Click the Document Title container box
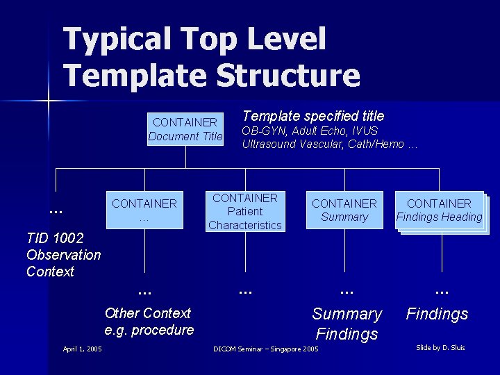point(185,129)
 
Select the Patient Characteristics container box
point(245,211)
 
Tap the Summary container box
point(344,210)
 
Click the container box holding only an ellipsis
point(144,210)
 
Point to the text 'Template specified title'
point(312,116)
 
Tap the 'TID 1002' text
point(54,238)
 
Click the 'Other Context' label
point(147,313)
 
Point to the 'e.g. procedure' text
point(149,330)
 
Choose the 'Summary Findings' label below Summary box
point(347,324)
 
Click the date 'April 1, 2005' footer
point(82,349)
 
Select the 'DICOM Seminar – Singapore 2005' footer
point(265,349)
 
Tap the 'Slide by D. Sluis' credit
point(440,347)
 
